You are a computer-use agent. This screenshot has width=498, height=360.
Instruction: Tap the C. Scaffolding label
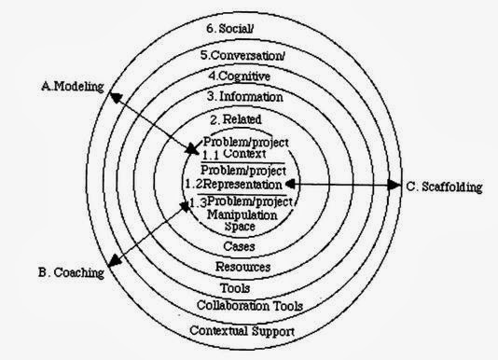point(445,187)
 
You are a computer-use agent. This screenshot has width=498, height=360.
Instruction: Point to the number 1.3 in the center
point(196,202)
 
